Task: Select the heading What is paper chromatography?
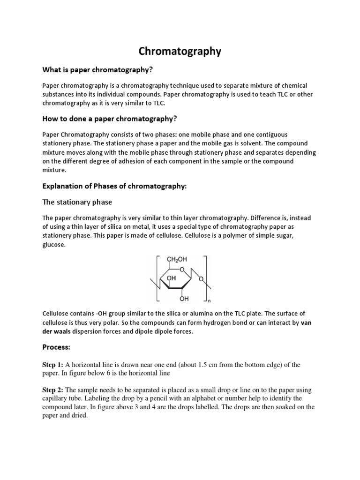click(x=98, y=70)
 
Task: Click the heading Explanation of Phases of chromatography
click(x=114, y=186)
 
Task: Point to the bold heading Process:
click(x=56, y=348)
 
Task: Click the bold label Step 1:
click(x=52, y=365)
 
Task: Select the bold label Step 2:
click(x=52, y=390)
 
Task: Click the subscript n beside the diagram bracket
click(x=209, y=301)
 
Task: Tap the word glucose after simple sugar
click(x=54, y=244)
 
